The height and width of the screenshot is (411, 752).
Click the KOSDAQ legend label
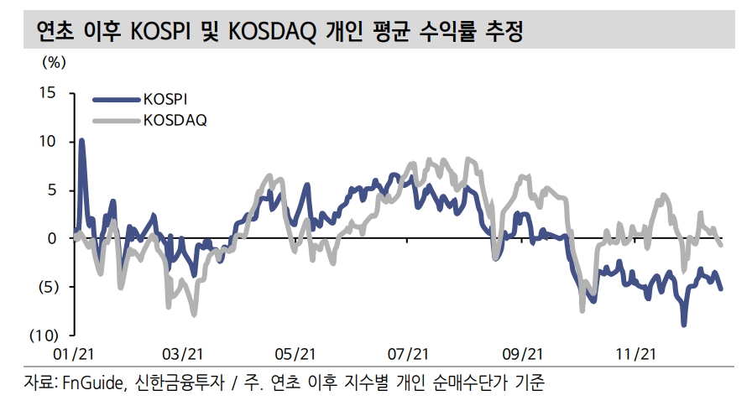[x=174, y=119]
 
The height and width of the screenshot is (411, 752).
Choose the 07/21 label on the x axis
[x=410, y=354]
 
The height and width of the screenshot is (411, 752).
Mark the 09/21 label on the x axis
[x=523, y=354]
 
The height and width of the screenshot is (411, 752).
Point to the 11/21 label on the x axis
[x=634, y=354]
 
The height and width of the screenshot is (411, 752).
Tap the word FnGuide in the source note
[x=93, y=385]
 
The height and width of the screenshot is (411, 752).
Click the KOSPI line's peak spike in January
[x=81, y=141]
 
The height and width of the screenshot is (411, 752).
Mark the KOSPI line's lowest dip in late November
[x=683, y=325]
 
